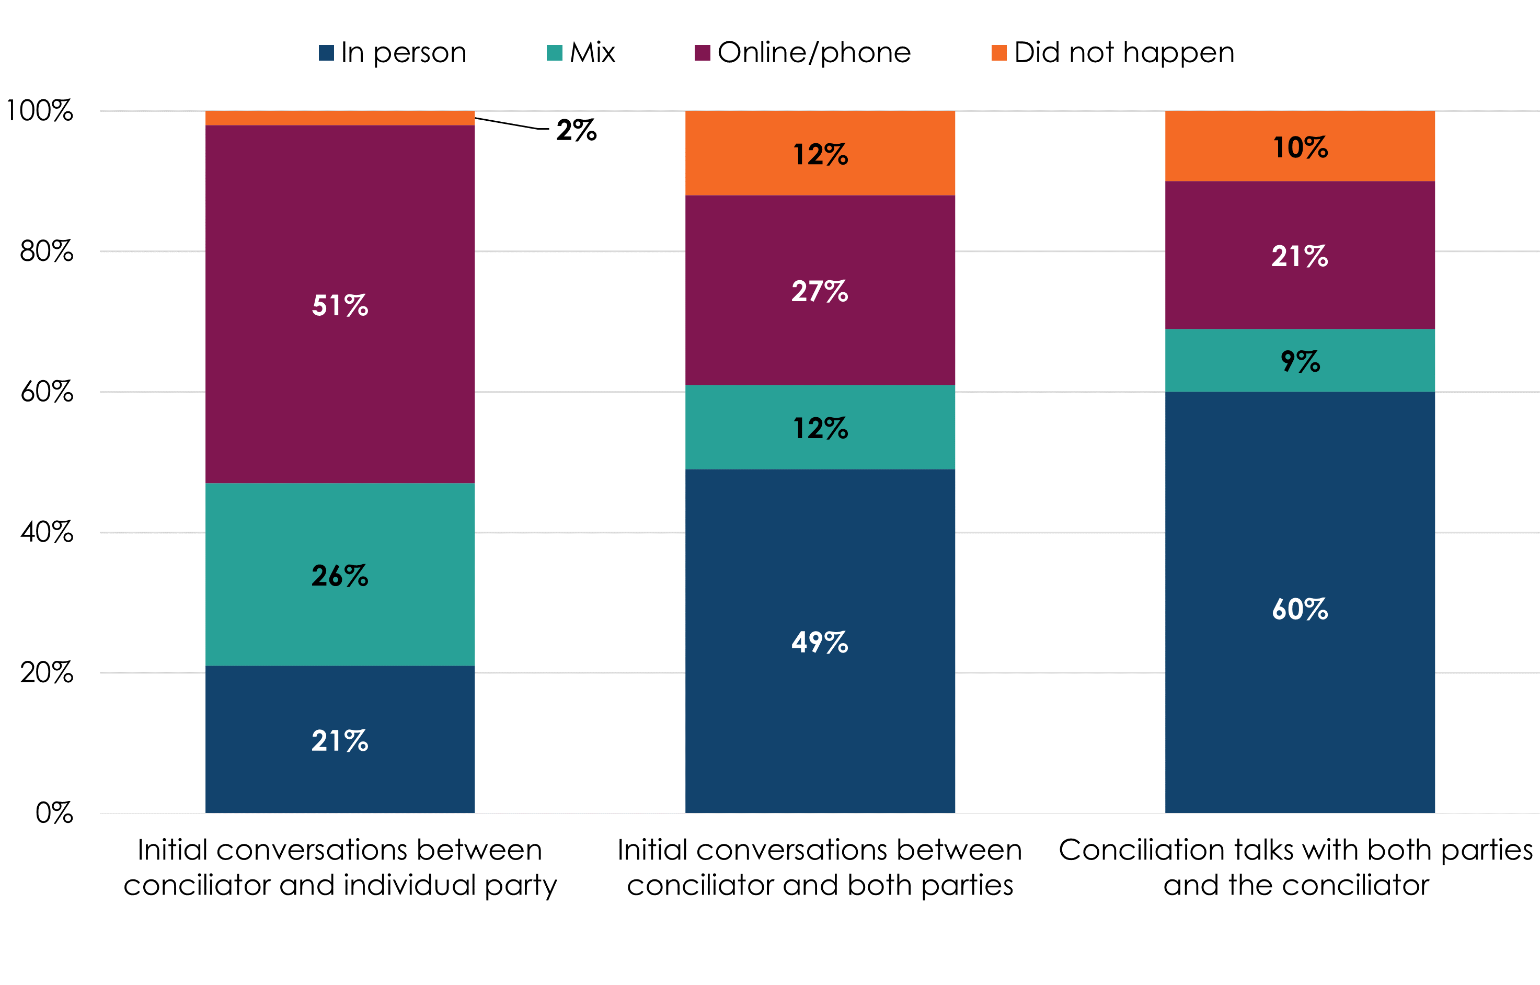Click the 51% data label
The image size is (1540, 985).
point(340,305)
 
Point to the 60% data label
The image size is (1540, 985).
point(1300,609)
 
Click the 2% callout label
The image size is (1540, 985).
point(576,131)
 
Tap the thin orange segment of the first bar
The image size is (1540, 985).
point(340,118)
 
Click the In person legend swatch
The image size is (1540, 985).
point(326,52)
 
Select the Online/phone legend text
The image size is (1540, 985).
point(813,52)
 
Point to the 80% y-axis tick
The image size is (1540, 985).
point(46,251)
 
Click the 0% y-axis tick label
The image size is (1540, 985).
point(54,813)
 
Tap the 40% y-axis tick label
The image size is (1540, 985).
point(46,532)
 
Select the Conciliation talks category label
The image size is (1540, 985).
point(1296,867)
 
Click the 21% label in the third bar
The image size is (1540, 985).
point(1300,257)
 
